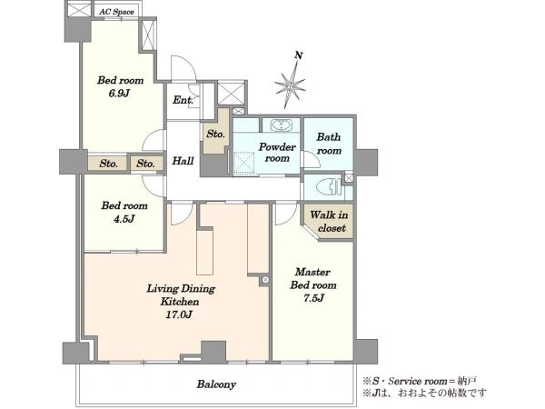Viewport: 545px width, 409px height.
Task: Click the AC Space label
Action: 116,12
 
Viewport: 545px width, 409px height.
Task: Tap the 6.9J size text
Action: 119,94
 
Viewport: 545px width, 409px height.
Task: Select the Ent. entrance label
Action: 183,100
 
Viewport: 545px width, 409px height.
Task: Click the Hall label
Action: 183,161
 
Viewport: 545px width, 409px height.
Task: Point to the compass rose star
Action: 291,85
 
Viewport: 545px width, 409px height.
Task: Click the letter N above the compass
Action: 299,55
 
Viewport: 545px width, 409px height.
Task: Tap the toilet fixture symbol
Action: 329,187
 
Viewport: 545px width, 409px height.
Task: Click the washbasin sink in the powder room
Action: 281,125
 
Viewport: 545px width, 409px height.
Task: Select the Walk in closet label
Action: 329,221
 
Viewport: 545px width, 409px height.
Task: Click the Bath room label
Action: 329,144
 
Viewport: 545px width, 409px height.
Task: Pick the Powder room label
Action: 277,153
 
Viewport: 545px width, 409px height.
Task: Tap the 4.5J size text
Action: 124,219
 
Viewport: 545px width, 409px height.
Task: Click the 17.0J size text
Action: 179,314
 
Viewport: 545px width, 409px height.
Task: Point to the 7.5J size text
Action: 313,298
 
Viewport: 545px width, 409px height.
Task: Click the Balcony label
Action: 216,384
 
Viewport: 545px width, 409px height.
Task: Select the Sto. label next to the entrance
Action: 215,134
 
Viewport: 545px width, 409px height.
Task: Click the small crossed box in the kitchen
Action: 265,279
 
